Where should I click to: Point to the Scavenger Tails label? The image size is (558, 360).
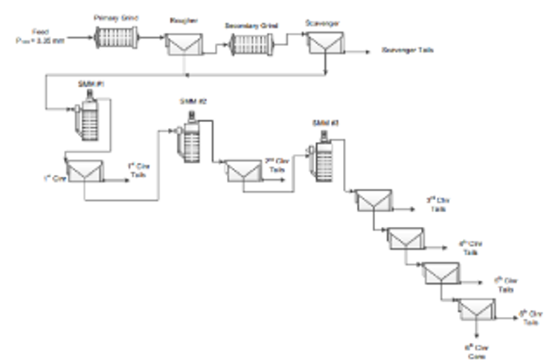pyautogui.click(x=407, y=51)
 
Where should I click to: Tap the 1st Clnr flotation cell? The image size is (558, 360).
pyautogui.click(x=85, y=173)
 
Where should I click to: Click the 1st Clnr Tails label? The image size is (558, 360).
pyautogui.click(x=138, y=170)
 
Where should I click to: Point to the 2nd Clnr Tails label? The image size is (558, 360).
pyautogui.click(x=276, y=164)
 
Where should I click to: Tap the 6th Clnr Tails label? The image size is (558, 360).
pyautogui.click(x=529, y=315)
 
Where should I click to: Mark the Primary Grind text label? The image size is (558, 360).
pyautogui.click(x=118, y=16)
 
